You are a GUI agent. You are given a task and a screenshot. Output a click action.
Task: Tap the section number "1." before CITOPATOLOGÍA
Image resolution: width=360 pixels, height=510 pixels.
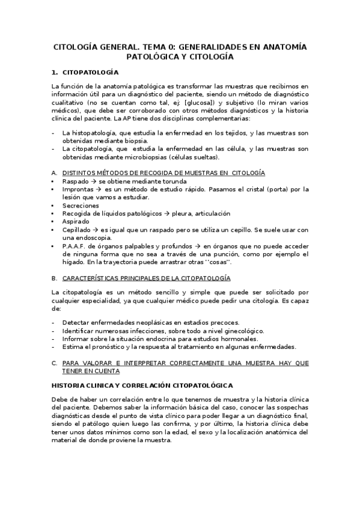click(55, 72)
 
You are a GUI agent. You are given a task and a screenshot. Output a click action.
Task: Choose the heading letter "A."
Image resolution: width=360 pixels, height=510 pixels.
click(55, 173)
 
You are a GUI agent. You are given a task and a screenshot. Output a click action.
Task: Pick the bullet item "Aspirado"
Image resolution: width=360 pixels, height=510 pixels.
click(76, 221)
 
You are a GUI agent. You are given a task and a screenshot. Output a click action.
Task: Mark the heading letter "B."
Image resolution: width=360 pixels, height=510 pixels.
click(55, 278)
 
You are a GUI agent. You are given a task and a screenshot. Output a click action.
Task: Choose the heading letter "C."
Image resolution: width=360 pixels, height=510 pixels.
click(55, 363)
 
